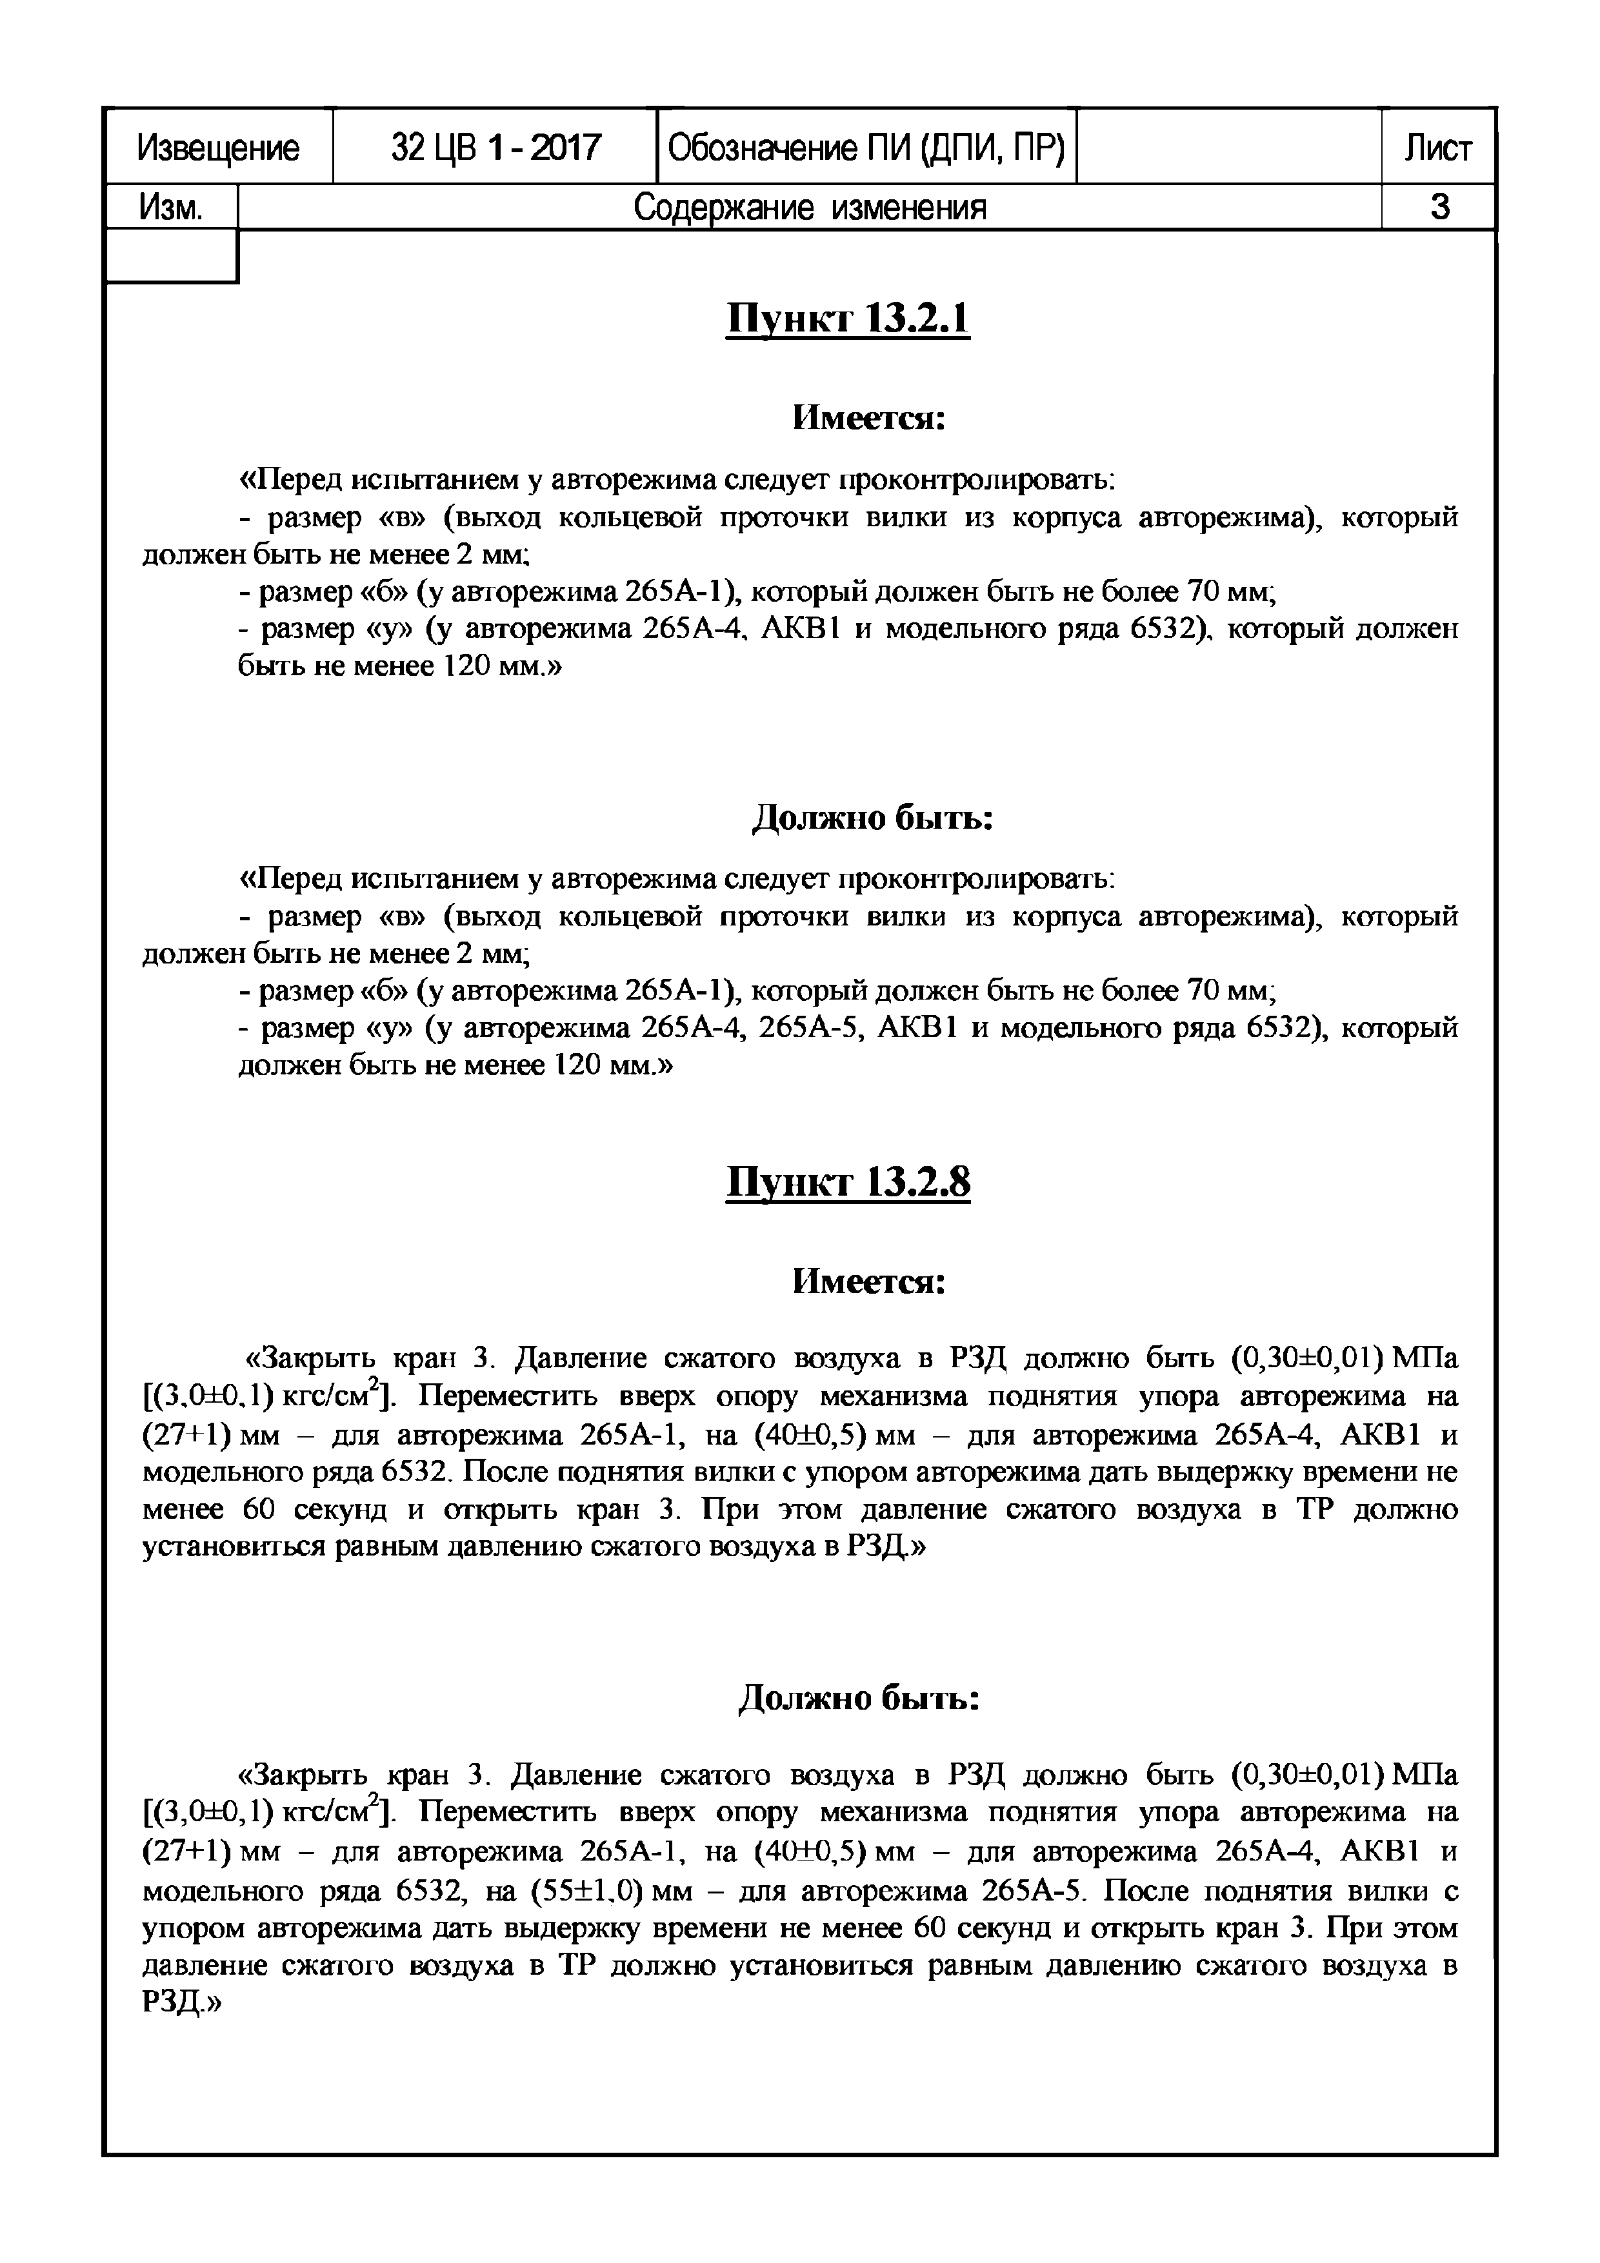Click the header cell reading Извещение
(x=218, y=148)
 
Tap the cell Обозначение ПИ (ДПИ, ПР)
(x=866, y=148)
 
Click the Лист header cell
(x=1437, y=148)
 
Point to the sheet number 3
(x=1438, y=207)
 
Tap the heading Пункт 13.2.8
(x=847, y=1183)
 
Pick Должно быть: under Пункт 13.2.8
(x=857, y=1698)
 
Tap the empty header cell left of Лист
(x=1227, y=148)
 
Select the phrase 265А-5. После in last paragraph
(x=1075, y=1892)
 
